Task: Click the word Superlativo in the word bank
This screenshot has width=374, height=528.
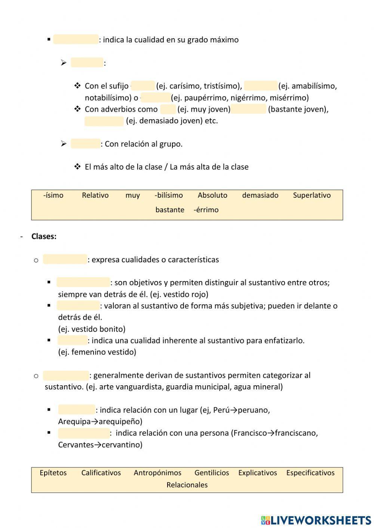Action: pos(312,195)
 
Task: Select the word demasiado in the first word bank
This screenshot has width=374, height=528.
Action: pos(260,195)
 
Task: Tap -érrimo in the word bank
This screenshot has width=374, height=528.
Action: pos(206,210)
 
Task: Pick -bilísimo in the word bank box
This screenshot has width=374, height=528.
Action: pos(169,195)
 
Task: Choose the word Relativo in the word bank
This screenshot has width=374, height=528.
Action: pos(95,195)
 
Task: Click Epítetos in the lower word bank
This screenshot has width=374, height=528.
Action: pos(53,473)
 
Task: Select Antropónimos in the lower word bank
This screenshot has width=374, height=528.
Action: pos(157,473)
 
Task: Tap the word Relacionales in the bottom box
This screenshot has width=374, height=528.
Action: pos(187,485)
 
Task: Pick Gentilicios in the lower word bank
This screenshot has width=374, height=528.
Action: pos(212,473)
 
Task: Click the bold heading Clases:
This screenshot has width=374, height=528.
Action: pos(44,236)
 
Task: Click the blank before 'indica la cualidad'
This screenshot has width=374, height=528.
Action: pos(76,40)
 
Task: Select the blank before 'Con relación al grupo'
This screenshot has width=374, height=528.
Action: pos(86,144)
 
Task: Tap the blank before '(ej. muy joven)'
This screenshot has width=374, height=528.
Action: pos(168,109)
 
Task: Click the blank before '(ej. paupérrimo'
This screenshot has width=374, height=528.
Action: pos(156,98)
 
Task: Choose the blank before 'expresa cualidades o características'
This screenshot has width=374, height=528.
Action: pos(65,259)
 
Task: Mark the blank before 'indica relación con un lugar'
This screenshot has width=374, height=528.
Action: pos(77,410)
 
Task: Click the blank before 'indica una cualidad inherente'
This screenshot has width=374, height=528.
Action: pos(72,340)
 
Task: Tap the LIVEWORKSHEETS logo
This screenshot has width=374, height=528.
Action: pos(316,520)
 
